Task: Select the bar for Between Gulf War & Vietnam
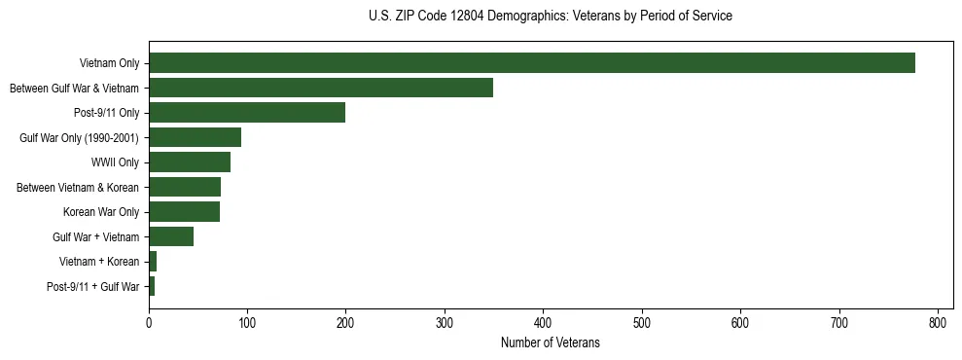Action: tap(321, 88)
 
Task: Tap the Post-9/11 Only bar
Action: tap(247, 113)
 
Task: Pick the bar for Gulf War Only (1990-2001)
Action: tap(195, 137)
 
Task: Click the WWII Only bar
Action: tap(190, 162)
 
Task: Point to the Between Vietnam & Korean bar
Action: tap(185, 187)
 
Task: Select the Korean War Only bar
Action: tap(184, 212)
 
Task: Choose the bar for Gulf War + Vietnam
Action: tap(171, 236)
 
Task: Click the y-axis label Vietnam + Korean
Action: tap(99, 262)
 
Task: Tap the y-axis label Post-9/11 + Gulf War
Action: tap(93, 287)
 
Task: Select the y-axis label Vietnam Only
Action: tap(109, 63)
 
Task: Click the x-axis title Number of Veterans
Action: tap(551, 342)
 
